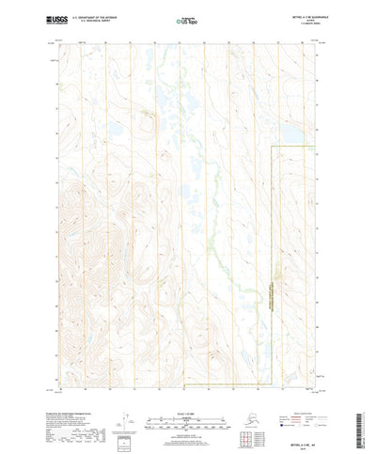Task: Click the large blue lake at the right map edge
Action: [295, 135]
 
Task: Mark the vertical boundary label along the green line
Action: [274, 282]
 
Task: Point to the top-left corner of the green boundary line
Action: [272, 147]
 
